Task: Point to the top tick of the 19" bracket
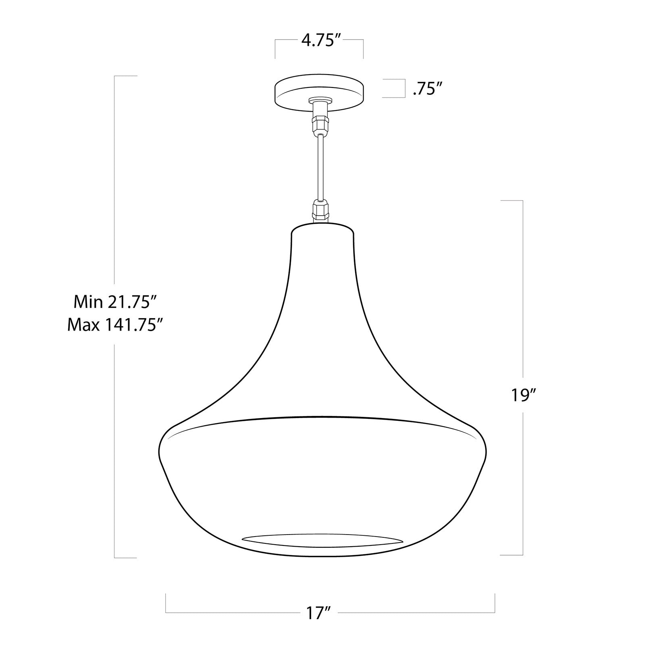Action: click(512, 200)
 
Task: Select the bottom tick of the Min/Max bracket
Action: click(126, 558)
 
